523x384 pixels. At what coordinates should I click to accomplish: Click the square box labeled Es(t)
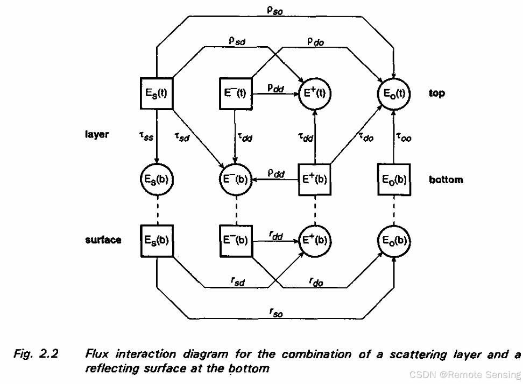coord(156,93)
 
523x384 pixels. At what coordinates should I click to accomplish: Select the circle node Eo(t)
coord(394,93)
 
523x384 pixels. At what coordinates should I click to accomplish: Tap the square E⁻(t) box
coord(235,93)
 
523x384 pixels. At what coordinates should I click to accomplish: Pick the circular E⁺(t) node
coord(315,93)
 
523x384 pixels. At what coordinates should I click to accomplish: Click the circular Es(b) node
coord(156,179)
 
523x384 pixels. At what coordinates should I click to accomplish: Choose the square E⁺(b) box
coord(315,179)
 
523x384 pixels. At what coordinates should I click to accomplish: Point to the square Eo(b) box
coord(394,179)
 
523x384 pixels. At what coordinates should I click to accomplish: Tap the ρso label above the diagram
coord(275,9)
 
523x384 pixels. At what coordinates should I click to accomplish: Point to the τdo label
coord(366,137)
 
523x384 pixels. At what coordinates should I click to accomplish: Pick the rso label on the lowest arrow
coord(275,312)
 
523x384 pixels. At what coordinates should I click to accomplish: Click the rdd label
coord(276,234)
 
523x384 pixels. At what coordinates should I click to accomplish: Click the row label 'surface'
coord(103,240)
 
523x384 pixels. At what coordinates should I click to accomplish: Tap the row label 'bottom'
coord(446,179)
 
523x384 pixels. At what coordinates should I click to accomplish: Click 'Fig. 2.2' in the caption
coord(36,354)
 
